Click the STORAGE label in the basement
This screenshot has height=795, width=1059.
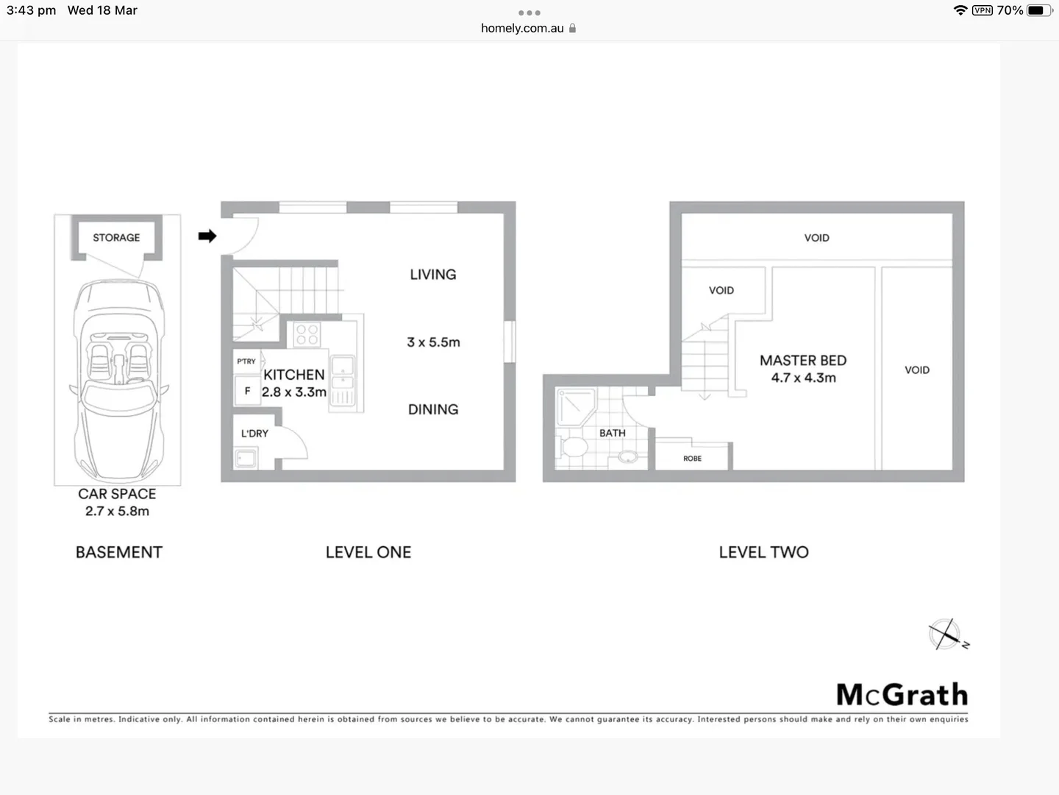coord(116,238)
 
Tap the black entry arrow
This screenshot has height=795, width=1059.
coord(207,236)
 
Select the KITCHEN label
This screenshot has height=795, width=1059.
coord(294,375)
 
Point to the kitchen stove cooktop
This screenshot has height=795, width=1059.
coord(307,335)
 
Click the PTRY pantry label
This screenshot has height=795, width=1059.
coord(246,361)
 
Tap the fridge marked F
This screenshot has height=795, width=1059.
coord(247,391)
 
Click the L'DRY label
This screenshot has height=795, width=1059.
coord(254,434)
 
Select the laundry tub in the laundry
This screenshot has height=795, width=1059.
coord(246,459)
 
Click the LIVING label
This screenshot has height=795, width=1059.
coord(433,275)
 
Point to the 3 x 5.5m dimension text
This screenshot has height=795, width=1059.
coord(433,342)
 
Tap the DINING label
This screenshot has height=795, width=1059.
coord(433,409)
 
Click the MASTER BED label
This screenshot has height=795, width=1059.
coord(803,361)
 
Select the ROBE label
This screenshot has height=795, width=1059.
coord(692,459)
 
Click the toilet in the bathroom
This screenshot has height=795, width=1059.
coord(574,447)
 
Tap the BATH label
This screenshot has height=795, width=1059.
coord(612,433)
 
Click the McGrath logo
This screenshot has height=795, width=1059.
coord(902,695)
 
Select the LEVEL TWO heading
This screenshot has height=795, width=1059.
coord(763,552)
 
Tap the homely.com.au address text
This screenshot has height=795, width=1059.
coord(522,28)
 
